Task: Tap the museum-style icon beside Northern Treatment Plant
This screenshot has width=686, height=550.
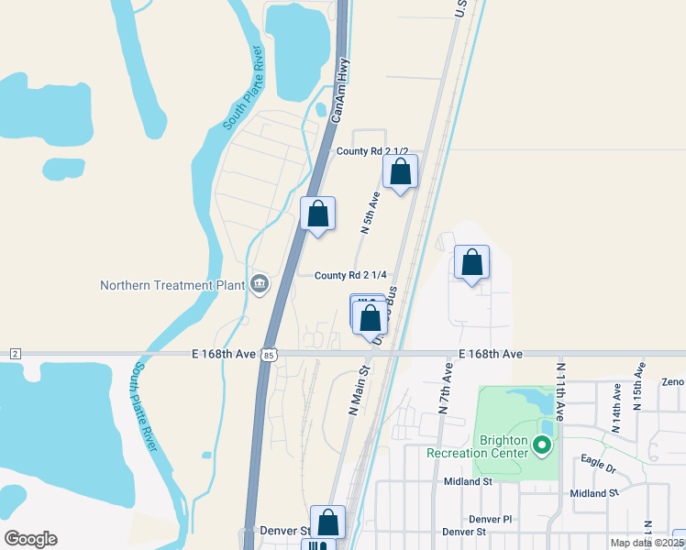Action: pyautogui.click(x=259, y=284)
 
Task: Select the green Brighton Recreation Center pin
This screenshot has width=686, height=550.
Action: pyautogui.click(x=541, y=446)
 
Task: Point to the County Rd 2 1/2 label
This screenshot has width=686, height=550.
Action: pyautogui.click(x=371, y=151)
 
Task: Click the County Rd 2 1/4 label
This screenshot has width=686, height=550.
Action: pyautogui.click(x=349, y=275)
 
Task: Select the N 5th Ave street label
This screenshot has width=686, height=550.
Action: pyautogui.click(x=369, y=213)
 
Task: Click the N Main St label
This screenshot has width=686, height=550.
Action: pyautogui.click(x=358, y=391)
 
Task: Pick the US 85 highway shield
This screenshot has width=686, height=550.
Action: pyautogui.click(x=268, y=354)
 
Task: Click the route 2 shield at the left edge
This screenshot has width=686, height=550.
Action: pyautogui.click(x=16, y=354)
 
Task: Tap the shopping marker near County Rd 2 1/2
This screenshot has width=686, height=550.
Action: pyautogui.click(x=401, y=171)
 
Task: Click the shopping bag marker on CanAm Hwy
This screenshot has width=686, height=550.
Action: pyautogui.click(x=317, y=214)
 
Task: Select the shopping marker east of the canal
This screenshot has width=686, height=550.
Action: pyautogui.click(x=471, y=262)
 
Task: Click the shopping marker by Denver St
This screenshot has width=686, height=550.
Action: pyautogui.click(x=327, y=522)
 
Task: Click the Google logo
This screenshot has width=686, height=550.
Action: pyautogui.click(x=31, y=538)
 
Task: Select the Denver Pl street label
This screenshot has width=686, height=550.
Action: pyautogui.click(x=495, y=519)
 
